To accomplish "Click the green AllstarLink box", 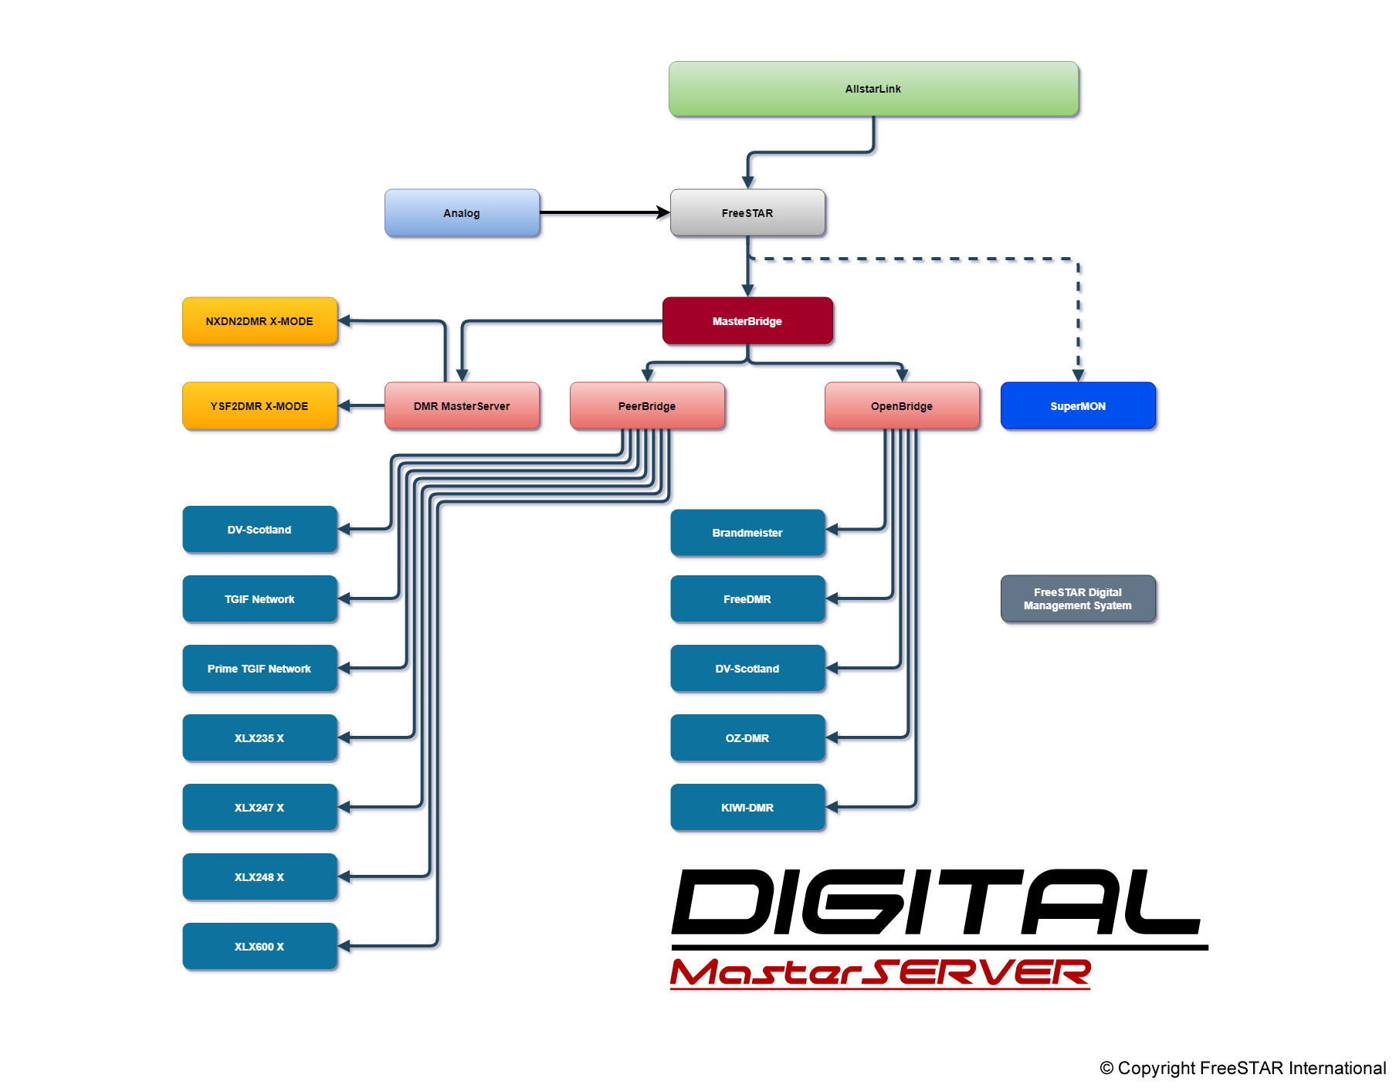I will tap(873, 89).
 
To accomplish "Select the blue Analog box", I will tap(462, 213).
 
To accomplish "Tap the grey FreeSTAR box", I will tap(747, 213).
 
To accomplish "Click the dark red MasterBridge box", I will tap(747, 321).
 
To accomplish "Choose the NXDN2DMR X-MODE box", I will tap(259, 321).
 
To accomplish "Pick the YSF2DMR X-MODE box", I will tap(259, 406).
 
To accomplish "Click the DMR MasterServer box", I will tap(462, 406).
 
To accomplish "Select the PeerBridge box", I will tap(647, 406).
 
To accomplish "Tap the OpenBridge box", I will tap(902, 406).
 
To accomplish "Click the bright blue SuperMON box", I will tap(1078, 406).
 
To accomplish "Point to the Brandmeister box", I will tap(747, 533).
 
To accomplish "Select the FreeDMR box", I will tap(747, 599).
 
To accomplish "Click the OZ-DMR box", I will tap(747, 738).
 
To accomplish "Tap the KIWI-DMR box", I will tap(747, 808).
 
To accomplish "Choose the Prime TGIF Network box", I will tap(259, 669).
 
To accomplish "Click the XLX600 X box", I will tap(259, 947).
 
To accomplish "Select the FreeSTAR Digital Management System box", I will tap(1078, 599).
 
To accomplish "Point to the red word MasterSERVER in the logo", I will tap(880, 973).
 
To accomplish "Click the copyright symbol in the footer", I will tap(1106, 1069).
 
